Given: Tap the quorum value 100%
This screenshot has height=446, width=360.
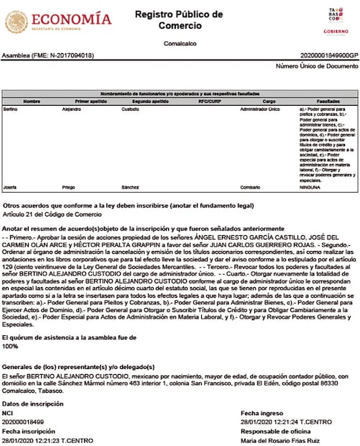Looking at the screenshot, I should pos(11,346).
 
